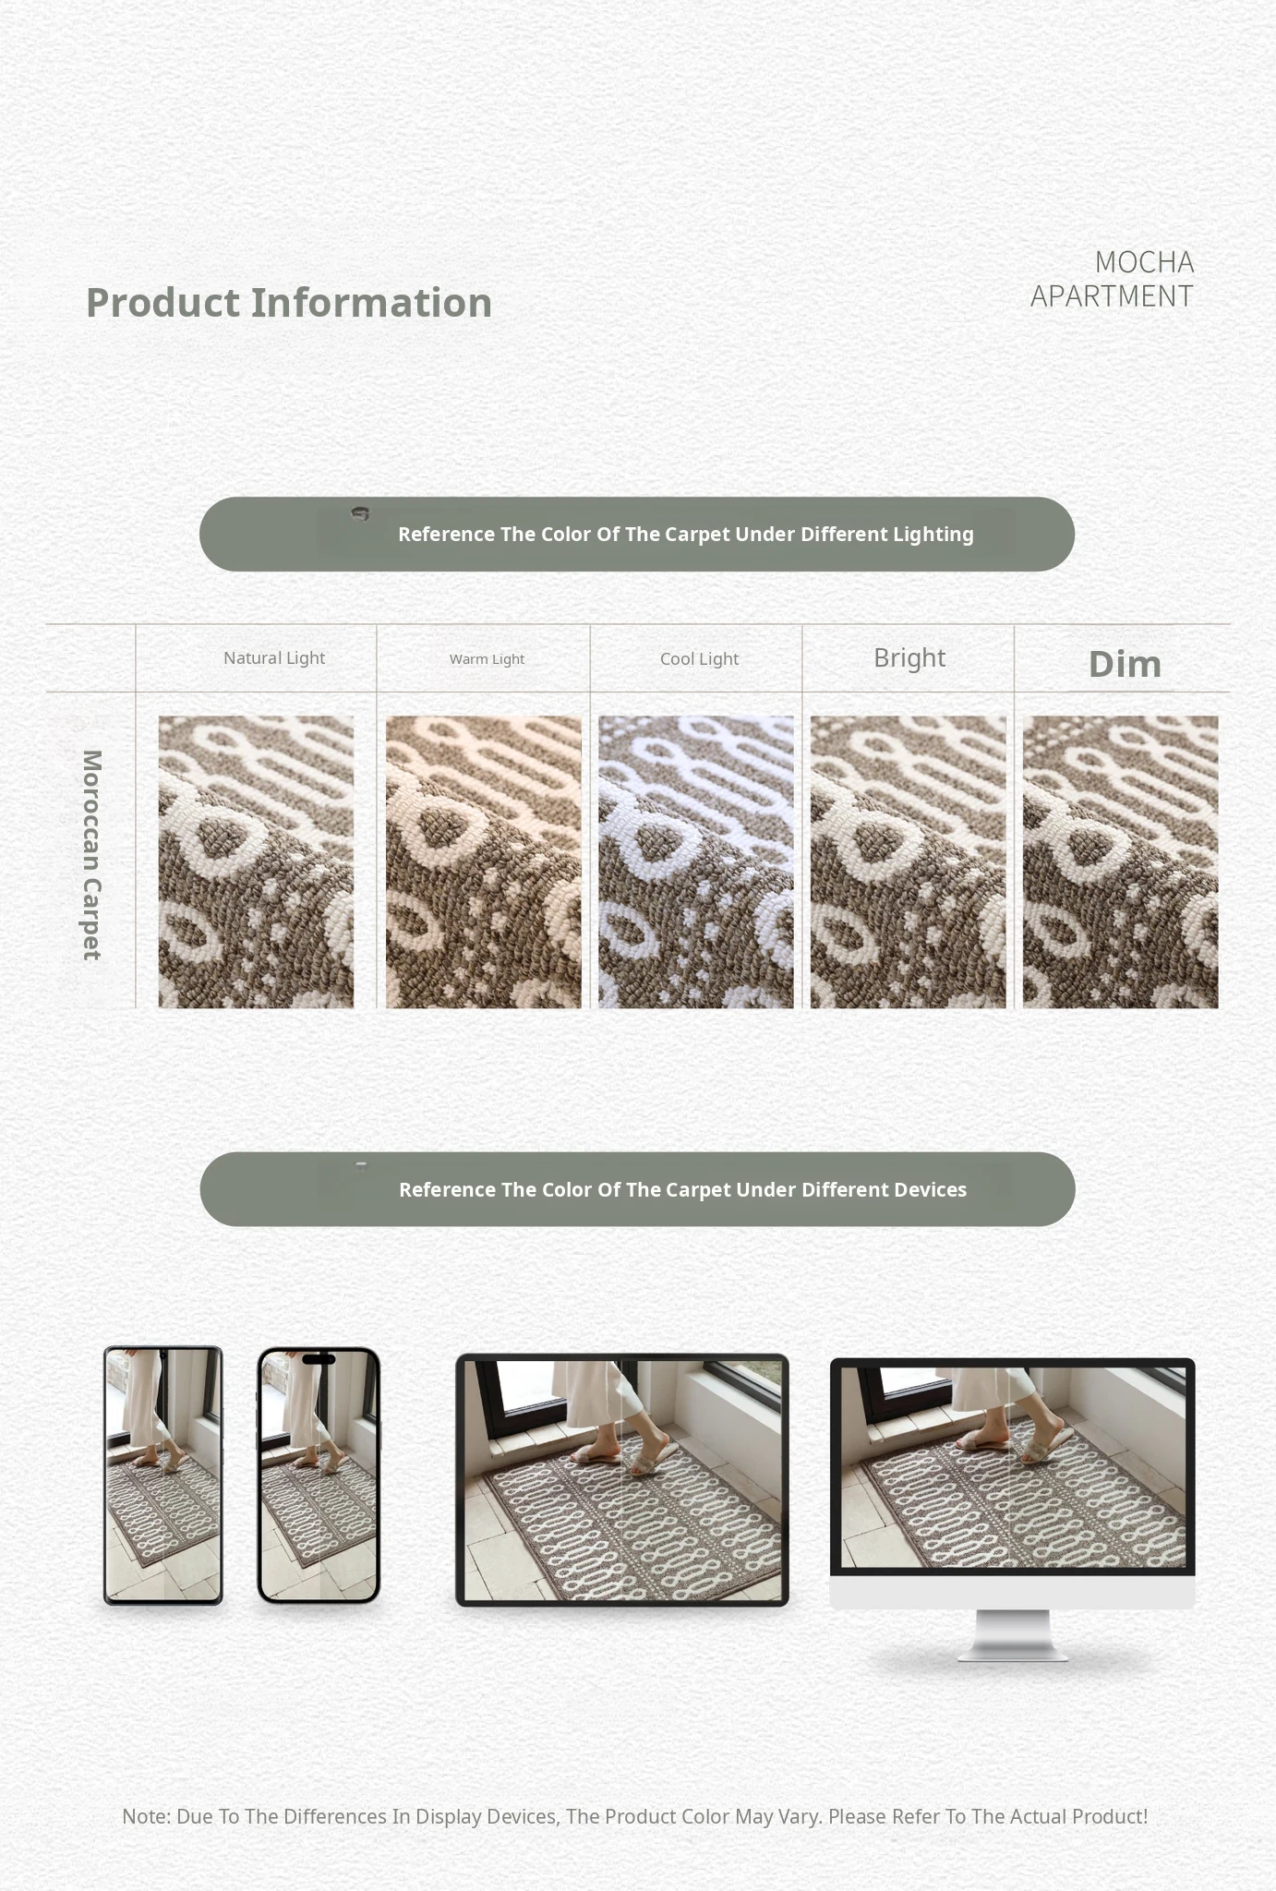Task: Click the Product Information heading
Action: (289, 303)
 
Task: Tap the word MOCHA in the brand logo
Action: (1144, 262)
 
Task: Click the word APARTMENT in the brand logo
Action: (1112, 296)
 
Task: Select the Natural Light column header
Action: (274, 658)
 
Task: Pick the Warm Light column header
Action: (487, 659)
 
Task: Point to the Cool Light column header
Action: (699, 659)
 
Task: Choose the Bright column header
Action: (909, 657)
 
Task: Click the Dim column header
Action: (1125, 664)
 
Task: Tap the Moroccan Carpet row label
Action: (91, 855)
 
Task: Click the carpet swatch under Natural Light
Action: (256, 861)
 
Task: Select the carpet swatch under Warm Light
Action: (484, 861)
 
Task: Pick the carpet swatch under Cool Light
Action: (696, 861)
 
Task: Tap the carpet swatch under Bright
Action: (909, 861)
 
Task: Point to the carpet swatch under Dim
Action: (1121, 861)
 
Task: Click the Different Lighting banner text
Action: (686, 535)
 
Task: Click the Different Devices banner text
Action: (683, 1189)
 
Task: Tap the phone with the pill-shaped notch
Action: (319, 1475)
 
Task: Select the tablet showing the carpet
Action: (622, 1480)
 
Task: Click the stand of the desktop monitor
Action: (1013, 1635)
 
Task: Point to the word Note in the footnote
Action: (146, 1816)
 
